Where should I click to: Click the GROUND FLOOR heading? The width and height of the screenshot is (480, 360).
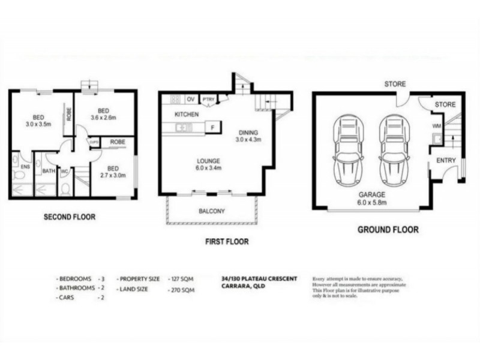tap(388, 229)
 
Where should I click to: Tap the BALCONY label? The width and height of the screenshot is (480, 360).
tap(211, 211)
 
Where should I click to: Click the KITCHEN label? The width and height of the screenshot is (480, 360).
tap(186, 114)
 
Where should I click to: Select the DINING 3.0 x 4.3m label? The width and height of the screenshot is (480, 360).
tap(248, 136)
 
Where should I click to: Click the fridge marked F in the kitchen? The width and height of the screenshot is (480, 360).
tap(212, 127)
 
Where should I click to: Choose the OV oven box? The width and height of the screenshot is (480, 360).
tap(191, 99)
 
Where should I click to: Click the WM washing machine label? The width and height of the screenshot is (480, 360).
tap(437, 126)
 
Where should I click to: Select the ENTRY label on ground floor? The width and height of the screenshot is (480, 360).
tap(446, 160)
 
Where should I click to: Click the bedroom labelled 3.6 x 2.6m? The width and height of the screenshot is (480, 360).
tap(103, 115)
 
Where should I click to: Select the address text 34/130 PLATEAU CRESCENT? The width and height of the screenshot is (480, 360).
tap(259, 279)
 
